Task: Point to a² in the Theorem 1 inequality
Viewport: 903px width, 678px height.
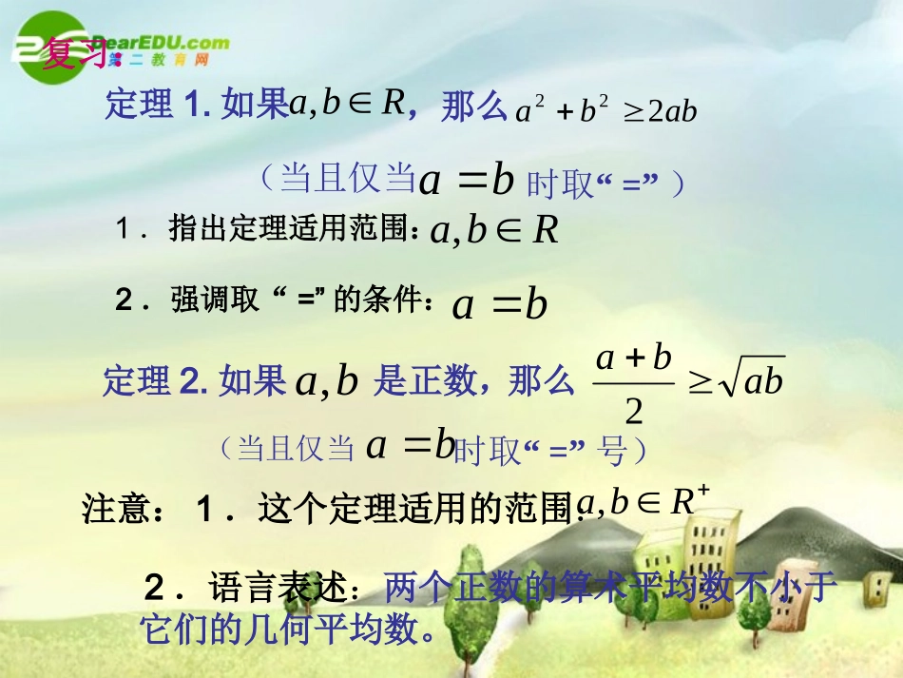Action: tap(530, 111)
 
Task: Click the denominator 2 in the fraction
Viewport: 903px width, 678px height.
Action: tap(634, 411)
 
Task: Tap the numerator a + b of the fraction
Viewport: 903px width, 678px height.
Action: tap(634, 358)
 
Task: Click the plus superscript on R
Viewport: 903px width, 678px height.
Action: tap(703, 491)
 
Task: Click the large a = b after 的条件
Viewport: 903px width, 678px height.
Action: tap(500, 304)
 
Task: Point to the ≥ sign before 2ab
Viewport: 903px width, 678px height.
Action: tap(633, 112)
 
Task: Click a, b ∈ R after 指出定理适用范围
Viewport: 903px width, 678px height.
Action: tap(494, 230)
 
